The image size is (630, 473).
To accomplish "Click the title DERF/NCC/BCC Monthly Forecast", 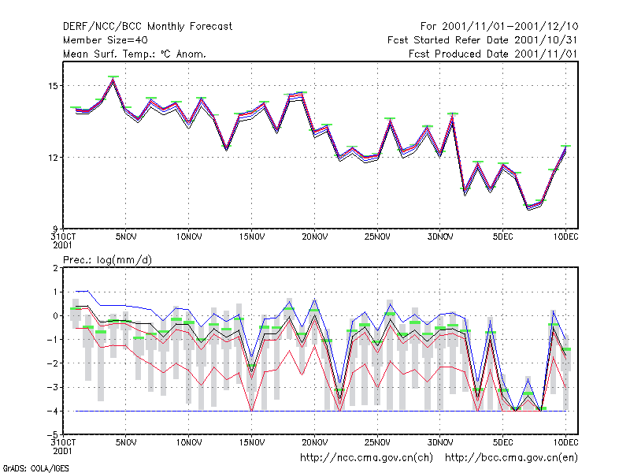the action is (x=147, y=27).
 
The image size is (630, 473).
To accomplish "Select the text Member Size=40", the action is (x=106, y=40).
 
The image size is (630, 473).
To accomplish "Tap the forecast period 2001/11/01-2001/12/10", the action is (x=510, y=27).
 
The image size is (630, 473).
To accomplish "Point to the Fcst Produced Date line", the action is (x=493, y=54).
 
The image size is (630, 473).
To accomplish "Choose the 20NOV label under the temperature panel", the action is (x=314, y=237).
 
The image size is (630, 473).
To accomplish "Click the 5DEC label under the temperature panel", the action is (x=503, y=237).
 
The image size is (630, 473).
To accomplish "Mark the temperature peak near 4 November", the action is (x=113, y=80).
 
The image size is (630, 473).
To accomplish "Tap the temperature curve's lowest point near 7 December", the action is (x=528, y=207).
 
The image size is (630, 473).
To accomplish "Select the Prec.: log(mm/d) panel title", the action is (x=107, y=260).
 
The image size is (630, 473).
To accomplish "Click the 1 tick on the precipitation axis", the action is (x=55, y=292).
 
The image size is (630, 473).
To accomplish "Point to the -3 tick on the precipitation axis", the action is (x=53, y=387).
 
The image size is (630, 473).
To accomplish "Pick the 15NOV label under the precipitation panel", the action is (x=252, y=442).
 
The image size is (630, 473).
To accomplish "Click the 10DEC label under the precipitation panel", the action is (x=565, y=442).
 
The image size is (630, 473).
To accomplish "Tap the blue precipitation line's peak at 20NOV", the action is (x=314, y=300).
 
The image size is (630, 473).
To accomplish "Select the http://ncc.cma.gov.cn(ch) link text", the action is (x=366, y=458).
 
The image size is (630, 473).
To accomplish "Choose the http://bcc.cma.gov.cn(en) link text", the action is (x=511, y=458).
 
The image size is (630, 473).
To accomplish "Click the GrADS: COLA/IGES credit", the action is (x=35, y=468).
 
